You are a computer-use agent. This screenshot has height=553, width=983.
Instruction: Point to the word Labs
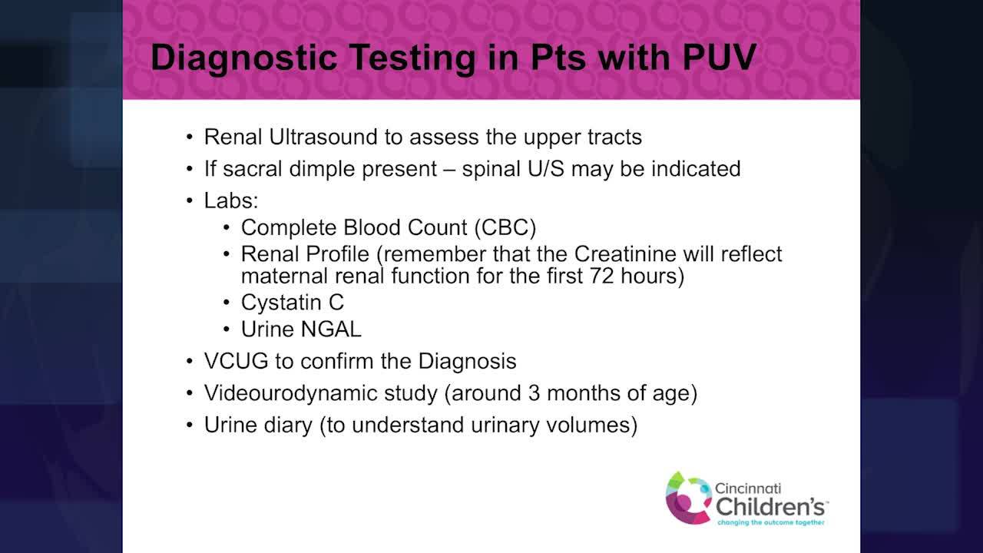coord(230,200)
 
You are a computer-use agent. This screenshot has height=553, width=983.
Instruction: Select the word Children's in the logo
coord(771,506)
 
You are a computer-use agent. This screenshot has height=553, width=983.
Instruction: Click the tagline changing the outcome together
coord(770,523)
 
